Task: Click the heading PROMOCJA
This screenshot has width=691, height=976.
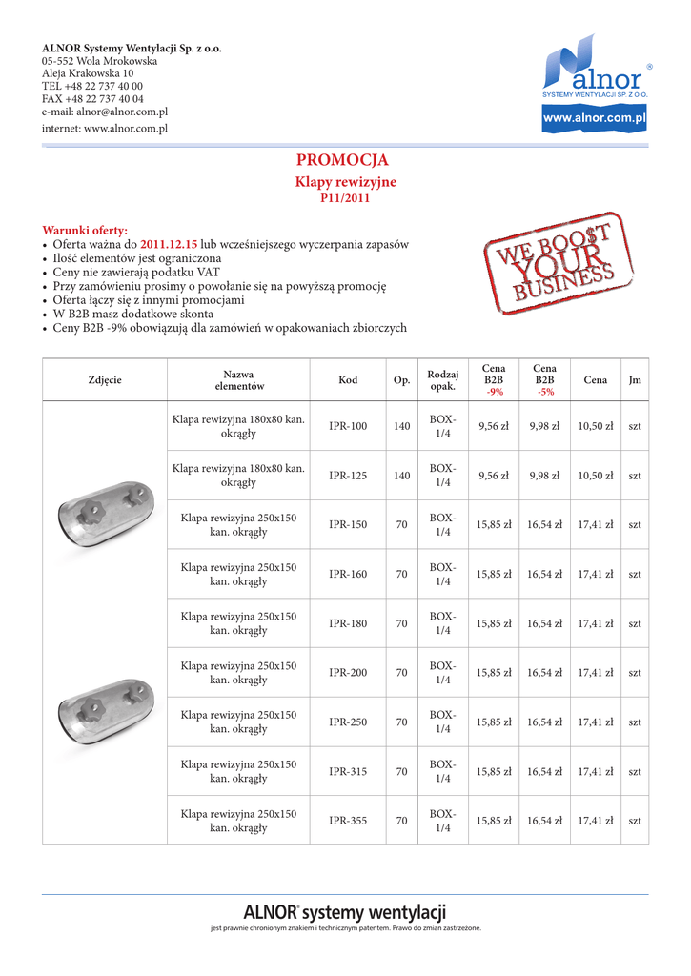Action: point(342,160)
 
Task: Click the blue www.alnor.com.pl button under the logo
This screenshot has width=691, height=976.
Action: point(594,118)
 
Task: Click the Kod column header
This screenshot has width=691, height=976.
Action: point(348,380)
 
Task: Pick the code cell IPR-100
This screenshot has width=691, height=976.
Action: point(348,426)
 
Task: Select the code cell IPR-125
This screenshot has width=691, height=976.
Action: point(348,476)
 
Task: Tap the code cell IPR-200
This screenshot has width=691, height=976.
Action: point(348,673)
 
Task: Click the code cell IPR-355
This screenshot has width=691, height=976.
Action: point(348,821)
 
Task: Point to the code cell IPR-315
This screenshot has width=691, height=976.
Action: point(348,772)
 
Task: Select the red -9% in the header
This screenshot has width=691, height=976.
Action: point(494,393)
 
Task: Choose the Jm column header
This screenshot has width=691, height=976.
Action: point(635,380)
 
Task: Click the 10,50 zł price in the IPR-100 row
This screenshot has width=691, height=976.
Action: point(596,426)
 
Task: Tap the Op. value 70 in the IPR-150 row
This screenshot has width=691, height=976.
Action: point(402,525)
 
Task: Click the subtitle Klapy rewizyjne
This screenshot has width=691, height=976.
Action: point(345,181)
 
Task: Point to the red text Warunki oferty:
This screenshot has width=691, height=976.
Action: point(84,231)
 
